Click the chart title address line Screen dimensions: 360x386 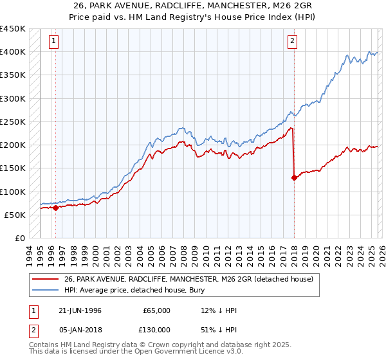click(193, 7)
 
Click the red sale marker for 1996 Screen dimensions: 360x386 click(56, 208)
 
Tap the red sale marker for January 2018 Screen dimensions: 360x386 click(294, 178)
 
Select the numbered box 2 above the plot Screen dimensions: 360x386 click(292, 42)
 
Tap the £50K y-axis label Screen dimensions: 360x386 click(15, 215)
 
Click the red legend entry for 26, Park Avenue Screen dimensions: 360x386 click(188, 279)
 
